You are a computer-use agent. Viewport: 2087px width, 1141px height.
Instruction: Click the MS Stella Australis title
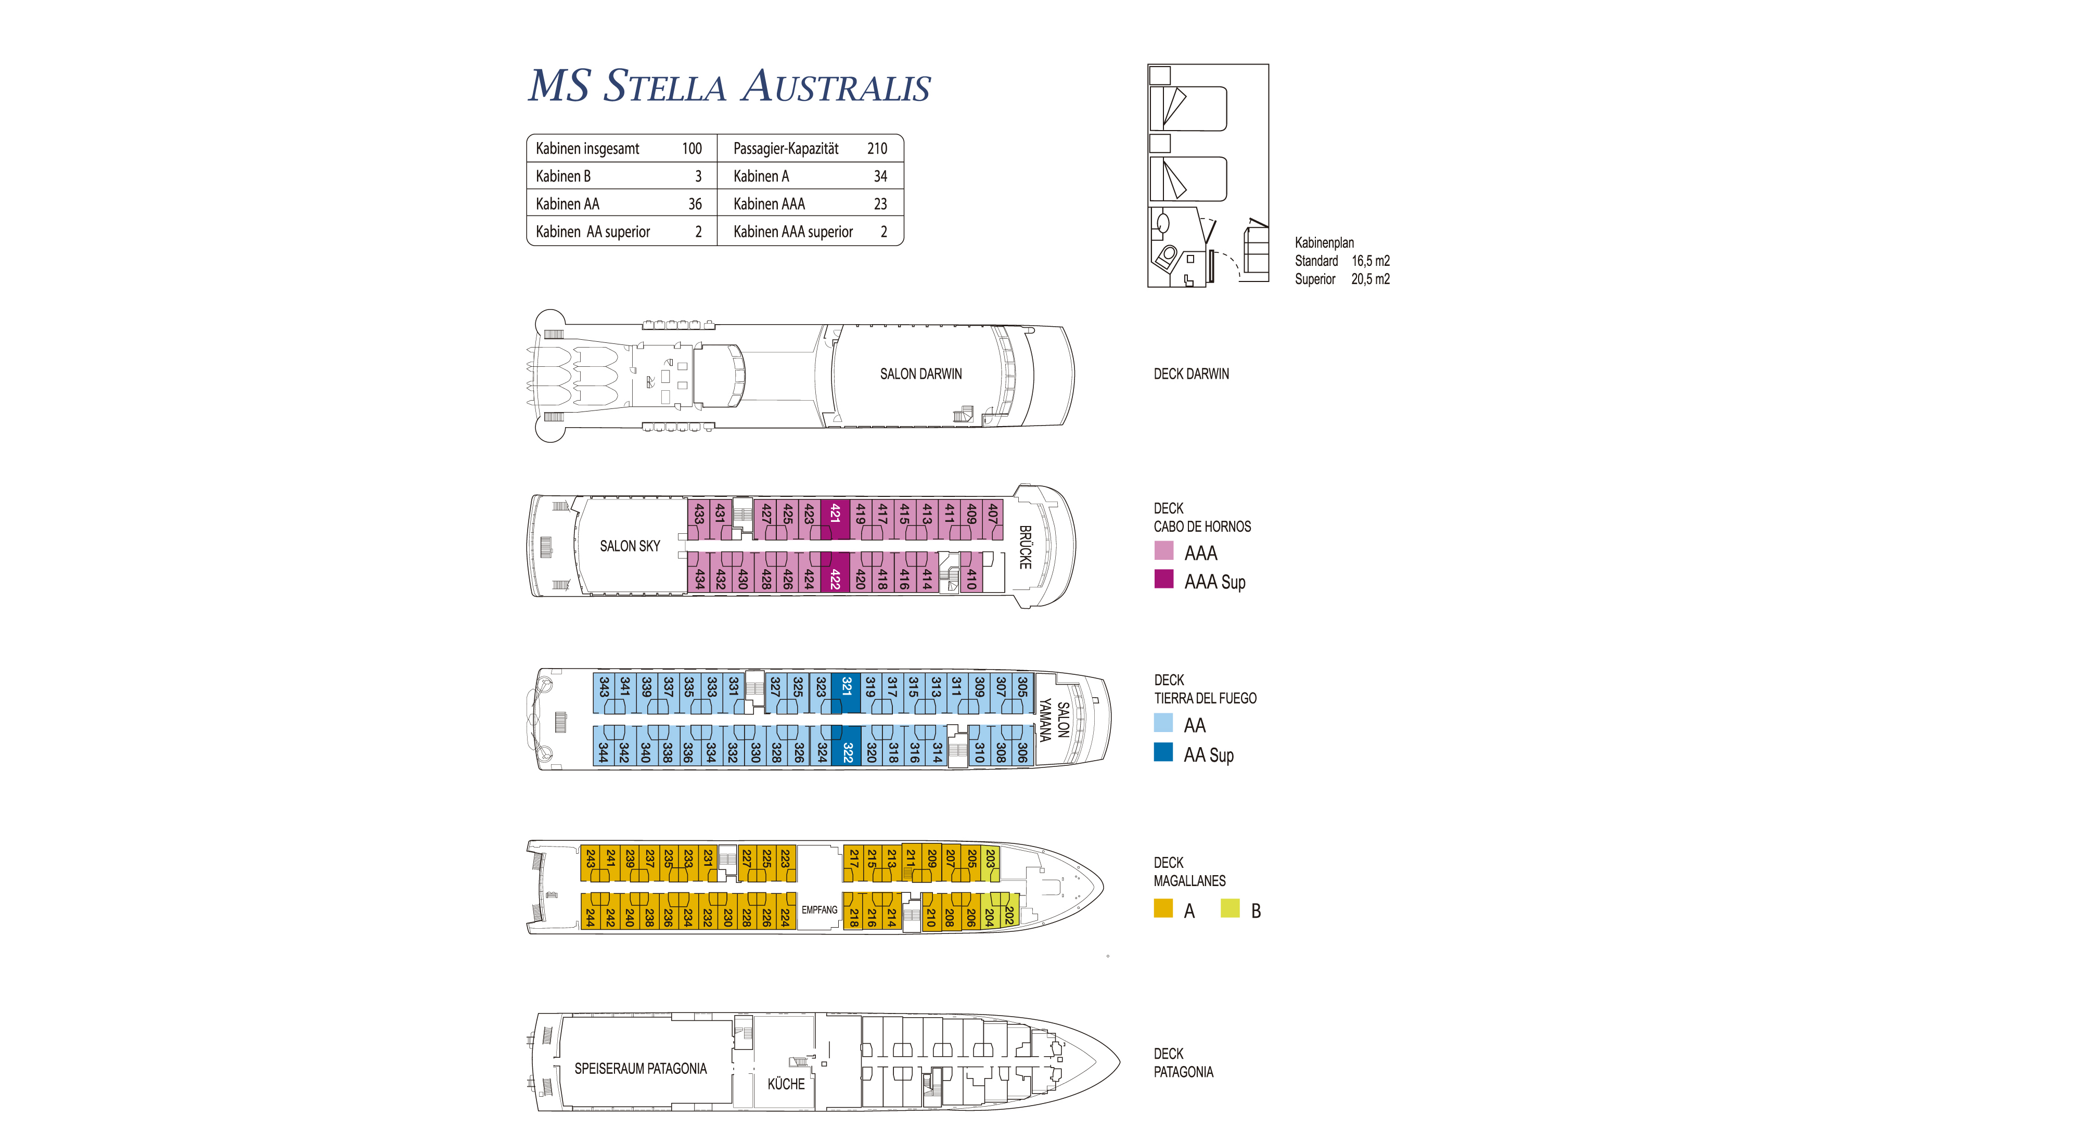(x=729, y=86)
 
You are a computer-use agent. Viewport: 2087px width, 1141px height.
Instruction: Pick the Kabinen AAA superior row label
(x=793, y=232)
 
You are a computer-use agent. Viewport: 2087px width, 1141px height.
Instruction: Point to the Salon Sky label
(x=630, y=546)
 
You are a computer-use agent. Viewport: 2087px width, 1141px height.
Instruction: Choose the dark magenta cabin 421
(x=835, y=519)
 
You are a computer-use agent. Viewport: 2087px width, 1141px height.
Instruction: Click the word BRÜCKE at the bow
(x=1025, y=547)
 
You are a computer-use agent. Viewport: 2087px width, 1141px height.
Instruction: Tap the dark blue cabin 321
(x=846, y=693)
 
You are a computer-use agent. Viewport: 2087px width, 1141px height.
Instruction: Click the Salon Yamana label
(x=1054, y=720)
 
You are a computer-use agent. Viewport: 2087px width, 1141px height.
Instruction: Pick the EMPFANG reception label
(x=819, y=910)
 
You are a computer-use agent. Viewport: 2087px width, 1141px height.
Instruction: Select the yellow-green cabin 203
(x=990, y=864)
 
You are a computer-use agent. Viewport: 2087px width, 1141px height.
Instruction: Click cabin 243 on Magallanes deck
(x=591, y=864)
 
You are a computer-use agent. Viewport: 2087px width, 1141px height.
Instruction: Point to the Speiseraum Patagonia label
(x=640, y=1069)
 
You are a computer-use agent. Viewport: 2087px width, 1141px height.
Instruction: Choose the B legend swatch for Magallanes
(x=1230, y=908)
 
